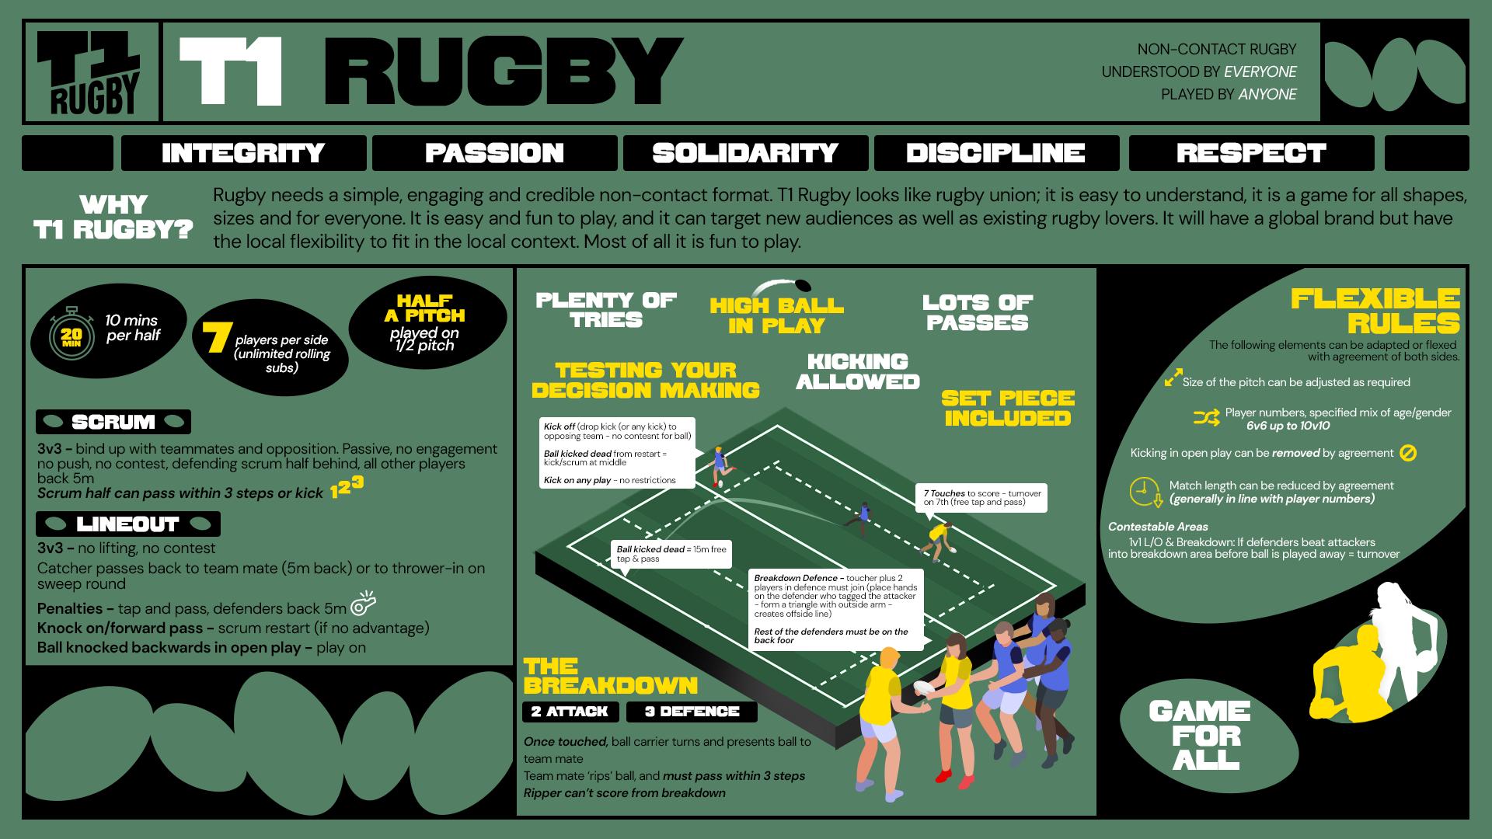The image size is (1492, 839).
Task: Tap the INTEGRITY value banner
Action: click(243, 153)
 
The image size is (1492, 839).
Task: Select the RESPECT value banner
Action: click(1250, 153)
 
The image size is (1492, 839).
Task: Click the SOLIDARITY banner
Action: click(745, 153)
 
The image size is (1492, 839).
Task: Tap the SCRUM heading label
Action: click(113, 422)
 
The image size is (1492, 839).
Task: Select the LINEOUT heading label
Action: click(128, 524)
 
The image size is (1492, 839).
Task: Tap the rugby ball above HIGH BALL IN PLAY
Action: click(801, 286)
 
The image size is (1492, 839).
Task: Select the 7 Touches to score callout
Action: click(981, 497)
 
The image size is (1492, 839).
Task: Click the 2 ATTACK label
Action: click(570, 712)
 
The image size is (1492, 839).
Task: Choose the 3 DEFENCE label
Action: click(692, 712)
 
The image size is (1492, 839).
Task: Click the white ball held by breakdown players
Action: click(925, 688)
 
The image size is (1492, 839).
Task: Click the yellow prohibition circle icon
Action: click(1407, 453)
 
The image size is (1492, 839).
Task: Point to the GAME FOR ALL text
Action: click(1200, 735)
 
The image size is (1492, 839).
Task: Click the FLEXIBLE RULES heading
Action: click(1375, 310)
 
